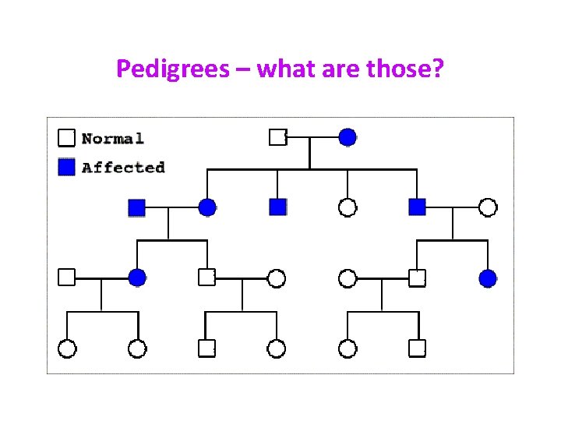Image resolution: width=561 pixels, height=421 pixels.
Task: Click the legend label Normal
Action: pos(113,139)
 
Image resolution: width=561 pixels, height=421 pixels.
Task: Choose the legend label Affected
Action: pos(123,167)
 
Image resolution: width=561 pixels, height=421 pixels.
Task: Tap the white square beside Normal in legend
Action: pos(67,138)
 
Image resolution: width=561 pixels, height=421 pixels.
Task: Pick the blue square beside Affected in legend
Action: pos(67,166)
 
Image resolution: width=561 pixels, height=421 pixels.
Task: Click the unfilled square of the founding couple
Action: pos(277,137)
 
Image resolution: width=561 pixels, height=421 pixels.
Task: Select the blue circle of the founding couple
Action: pos(348,137)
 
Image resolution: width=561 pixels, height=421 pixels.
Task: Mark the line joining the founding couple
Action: pos(312,137)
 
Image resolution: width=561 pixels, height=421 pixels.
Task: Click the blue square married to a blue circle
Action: pos(136,207)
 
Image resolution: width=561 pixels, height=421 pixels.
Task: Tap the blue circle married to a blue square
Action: pos(206,207)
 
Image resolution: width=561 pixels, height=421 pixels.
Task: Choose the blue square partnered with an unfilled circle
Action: pos(418,207)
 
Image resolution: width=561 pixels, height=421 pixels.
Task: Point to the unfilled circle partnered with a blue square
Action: pos(488,207)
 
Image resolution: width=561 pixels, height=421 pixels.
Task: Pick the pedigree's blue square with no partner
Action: pos(277,207)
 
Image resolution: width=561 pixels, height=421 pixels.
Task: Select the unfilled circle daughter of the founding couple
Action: pos(348,207)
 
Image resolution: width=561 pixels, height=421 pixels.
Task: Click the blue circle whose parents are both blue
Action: pos(137,278)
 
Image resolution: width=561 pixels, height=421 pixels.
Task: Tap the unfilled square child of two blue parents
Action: pos(206,278)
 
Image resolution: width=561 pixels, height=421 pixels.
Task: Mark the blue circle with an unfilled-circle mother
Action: pos(488,278)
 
